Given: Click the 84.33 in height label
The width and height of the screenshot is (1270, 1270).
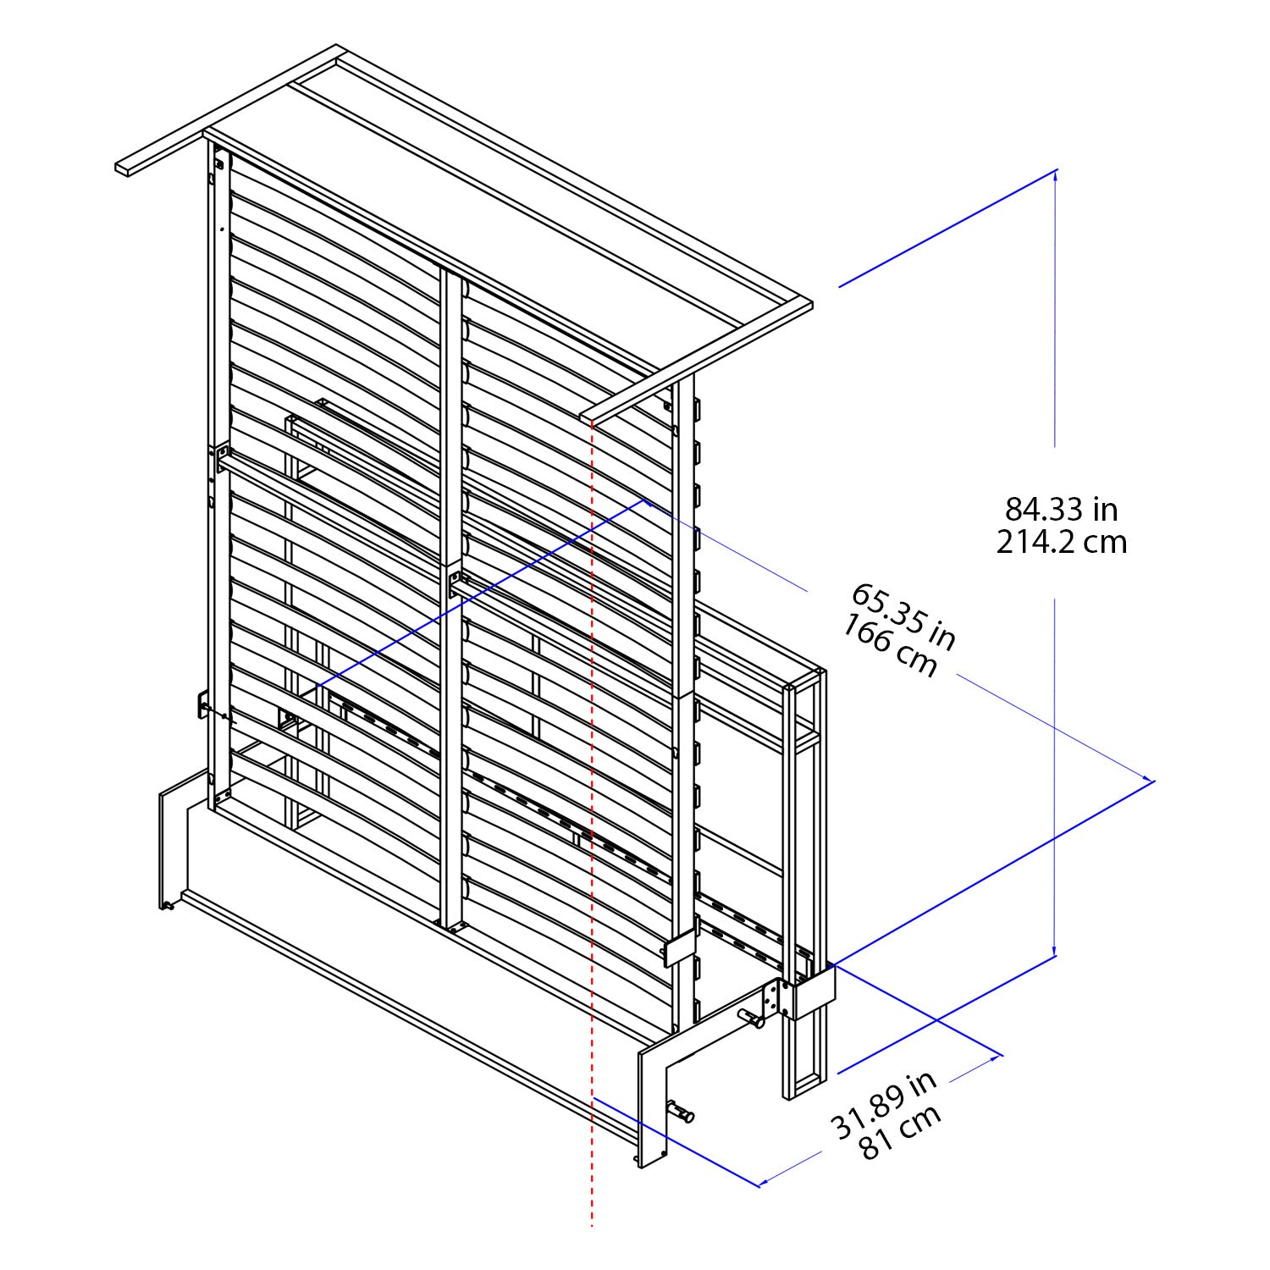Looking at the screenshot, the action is click(x=1061, y=510).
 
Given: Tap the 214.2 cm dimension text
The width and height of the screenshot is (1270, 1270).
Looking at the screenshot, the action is click(x=1061, y=542).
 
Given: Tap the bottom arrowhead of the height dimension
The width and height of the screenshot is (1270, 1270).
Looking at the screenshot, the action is click(x=1055, y=952).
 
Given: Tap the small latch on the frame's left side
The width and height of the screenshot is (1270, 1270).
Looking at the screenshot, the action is click(x=204, y=704).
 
